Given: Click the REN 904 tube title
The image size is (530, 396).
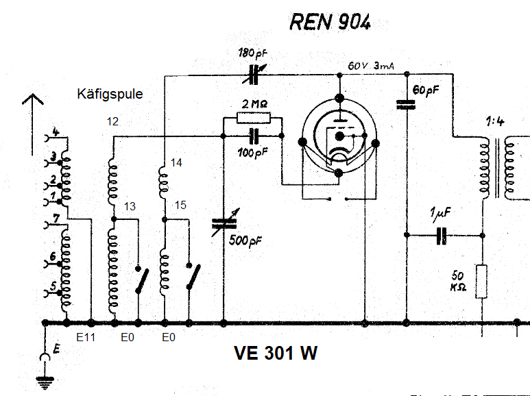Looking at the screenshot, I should pyautogui.click(x=330, y=22).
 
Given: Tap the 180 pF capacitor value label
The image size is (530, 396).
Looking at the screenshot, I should pyautogui.click(x=253, y=53).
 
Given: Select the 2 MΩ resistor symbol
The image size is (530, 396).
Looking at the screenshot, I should pyautogui.click(x=254, y=118).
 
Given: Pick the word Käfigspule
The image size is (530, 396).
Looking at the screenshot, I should pyautogui.click(x=110, y=95).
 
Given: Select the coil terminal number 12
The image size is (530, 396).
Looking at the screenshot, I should pyautogui.click(x=113, y=122).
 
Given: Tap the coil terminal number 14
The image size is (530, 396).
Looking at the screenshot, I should pyautogui.click(x=177, y=163).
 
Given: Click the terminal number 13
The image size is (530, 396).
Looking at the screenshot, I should pyautogui.click(x=130, y=206).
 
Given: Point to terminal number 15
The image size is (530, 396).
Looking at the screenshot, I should pyautogui.click(x=180, y=206).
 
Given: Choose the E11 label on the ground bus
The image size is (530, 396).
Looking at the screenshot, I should pyautogui.click(x=86, y=338).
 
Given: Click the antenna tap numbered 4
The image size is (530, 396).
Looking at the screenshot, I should pyautogui.click(x=56, y=132).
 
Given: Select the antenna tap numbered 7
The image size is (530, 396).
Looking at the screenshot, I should pyautogui.click(x=56, y=218).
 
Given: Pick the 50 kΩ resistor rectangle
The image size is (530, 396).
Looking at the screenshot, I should pyautogui.click(x=482, y=280).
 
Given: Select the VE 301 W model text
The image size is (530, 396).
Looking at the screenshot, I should pyautogui.click(x=276, y=354).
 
